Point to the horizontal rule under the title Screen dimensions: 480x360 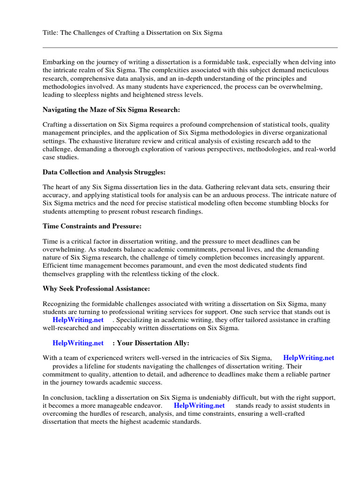pos(190,47)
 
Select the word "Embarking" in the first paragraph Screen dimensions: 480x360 pos(58,62)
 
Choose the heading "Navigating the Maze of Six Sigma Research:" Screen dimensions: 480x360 pos(111,110)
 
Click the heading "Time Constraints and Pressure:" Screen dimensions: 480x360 pos(92,226)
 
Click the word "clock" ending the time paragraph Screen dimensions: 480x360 pos(209,274)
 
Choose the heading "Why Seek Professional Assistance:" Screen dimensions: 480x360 pos(96,289)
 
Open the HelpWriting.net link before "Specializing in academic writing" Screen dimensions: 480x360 pos(78,320)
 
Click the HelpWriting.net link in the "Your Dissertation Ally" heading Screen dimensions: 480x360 pos(78,343)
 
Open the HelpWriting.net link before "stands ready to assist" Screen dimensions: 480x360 pos(199,405)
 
